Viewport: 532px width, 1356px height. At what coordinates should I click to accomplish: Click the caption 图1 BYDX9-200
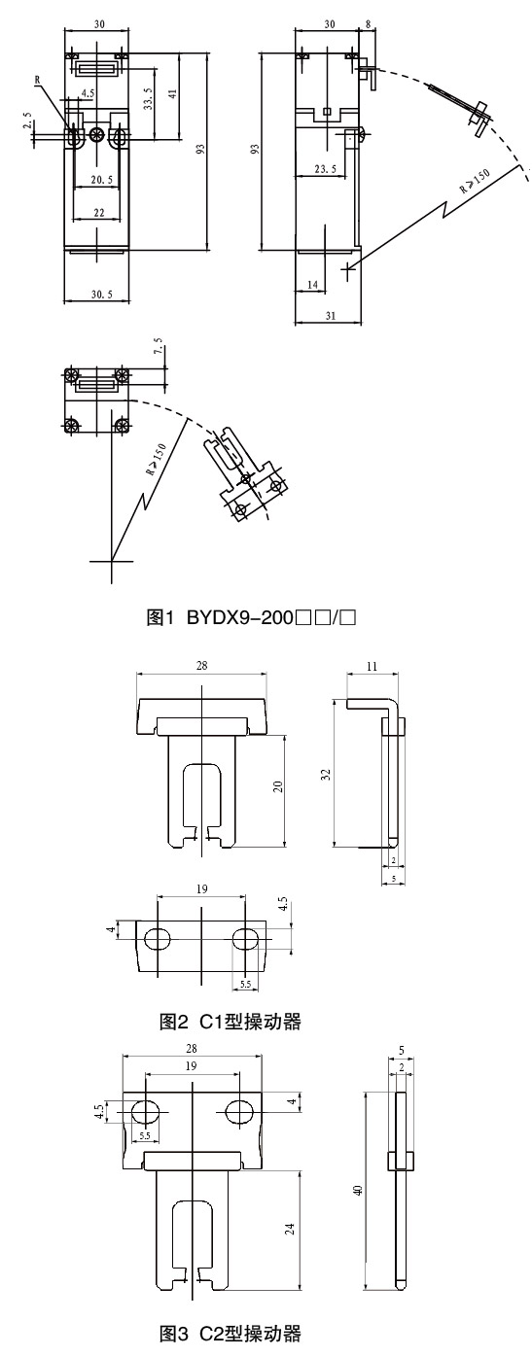click(x=251, y=617)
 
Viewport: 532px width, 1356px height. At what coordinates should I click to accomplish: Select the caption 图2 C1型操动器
click(x=230, y=1023)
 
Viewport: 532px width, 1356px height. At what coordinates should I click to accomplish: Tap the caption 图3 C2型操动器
click(x=230, y=1333)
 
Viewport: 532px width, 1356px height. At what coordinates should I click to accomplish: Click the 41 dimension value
click(x=172, y=94)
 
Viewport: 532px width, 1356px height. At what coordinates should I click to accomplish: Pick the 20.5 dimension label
click(x=101, y=179)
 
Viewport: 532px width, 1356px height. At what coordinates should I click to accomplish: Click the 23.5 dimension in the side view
click(x=325, y=169)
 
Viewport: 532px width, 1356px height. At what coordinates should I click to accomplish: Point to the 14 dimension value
click(x=312, y=284)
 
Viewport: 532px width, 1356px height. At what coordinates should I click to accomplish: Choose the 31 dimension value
click(x=331, y=315)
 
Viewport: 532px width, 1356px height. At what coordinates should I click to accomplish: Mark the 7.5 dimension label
click(x=159, y=353)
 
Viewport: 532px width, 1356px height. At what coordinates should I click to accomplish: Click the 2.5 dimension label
click(x=26, y=120)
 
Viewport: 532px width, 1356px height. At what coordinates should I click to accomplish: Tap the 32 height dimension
click(x=326, y=774)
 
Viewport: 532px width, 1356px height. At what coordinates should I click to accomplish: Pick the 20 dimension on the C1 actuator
click(x=278, y=786)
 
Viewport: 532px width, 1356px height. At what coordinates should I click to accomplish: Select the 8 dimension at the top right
click(x=369, y=24)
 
